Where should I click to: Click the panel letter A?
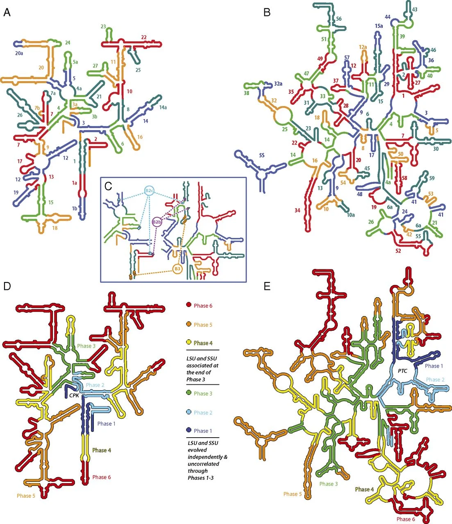(x=7, y=12)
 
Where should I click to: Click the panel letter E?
(x=267, y=286)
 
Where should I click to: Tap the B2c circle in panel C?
(x=149, y=191)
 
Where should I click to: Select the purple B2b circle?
(x=157, y=222)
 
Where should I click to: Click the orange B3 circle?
(x=177, y=269)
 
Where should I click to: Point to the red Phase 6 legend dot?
(x=189, y=305)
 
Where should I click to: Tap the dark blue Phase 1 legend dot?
(x=189, y=430)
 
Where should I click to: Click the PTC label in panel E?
(x=402, y=371)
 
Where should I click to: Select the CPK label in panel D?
(x=74, y=395)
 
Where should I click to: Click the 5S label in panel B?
(x=262, y=155)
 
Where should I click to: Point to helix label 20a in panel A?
(x=19, y=53)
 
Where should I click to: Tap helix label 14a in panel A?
(x=163, y=108)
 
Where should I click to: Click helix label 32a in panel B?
(x=278, y=84)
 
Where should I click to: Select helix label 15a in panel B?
(x=379, y=26)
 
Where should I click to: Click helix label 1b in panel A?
(x=74, y=208)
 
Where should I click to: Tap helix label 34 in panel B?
(x=298, y=210)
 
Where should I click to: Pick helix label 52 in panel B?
(x=398, y=251)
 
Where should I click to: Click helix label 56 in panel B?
(x=339, y=18)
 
